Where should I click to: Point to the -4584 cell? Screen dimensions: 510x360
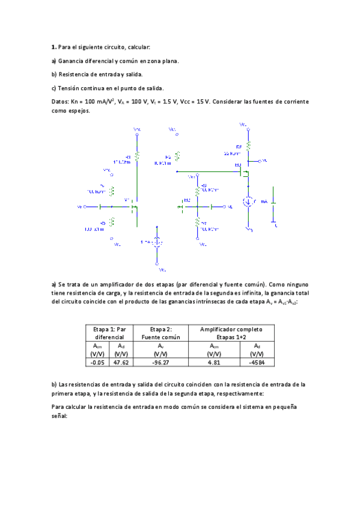coord(256,363)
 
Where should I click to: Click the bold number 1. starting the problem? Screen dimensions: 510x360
coord(54,46)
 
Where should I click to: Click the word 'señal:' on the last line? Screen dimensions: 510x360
coord(61,416)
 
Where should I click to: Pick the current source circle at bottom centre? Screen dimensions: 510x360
coord(156,242)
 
